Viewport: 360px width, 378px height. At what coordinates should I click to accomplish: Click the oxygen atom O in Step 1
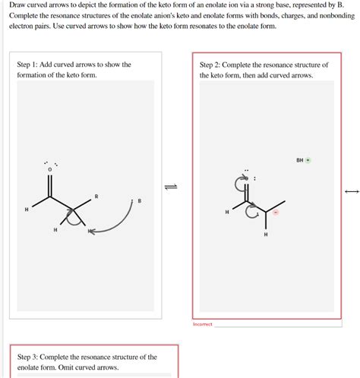50,169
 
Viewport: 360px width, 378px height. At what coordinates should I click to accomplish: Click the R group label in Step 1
96,197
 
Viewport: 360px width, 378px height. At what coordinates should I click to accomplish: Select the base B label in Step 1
139,201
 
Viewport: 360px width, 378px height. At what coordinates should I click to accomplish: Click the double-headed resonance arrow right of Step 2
351,191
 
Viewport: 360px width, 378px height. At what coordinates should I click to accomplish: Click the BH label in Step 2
300,160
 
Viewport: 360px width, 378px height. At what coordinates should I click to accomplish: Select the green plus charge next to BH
308,160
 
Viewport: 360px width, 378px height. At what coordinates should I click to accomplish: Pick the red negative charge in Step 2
276,213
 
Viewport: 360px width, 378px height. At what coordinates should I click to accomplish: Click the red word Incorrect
203,324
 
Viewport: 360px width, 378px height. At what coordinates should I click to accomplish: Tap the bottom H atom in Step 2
265,235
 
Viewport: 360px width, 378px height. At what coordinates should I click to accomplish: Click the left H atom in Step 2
226,213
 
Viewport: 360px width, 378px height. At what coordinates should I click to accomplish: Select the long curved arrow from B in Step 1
122,223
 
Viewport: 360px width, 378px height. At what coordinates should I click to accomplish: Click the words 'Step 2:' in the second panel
212,65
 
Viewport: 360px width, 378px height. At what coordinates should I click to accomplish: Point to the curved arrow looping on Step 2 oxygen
242,183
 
